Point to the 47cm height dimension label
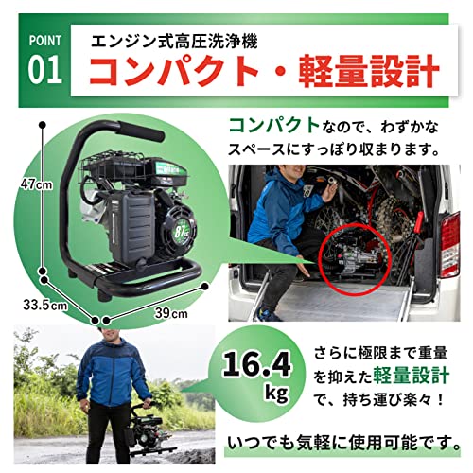pyautogui.click(x=16, y=184)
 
